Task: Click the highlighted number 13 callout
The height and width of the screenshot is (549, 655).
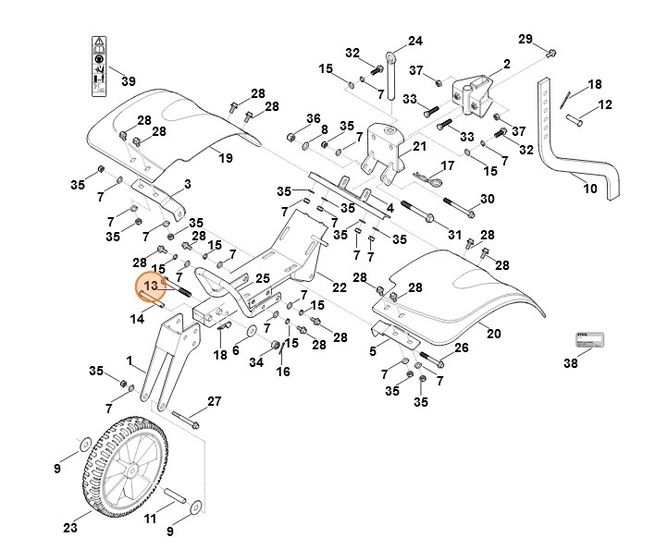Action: (152, 287)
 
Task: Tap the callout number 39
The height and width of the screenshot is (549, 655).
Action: (129, 81)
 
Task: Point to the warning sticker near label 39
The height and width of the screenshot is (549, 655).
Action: (97, 67)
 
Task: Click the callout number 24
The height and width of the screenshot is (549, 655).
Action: (414, 41)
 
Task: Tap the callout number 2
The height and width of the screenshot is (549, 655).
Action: (506, 64)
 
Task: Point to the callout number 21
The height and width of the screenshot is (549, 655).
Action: (419, 146)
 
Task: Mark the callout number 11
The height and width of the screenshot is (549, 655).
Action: (150, 519)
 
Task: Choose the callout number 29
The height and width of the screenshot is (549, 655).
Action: (525, 38)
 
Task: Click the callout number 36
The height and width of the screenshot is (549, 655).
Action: (314, 118)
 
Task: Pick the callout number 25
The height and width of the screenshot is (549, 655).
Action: (262, 277)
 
